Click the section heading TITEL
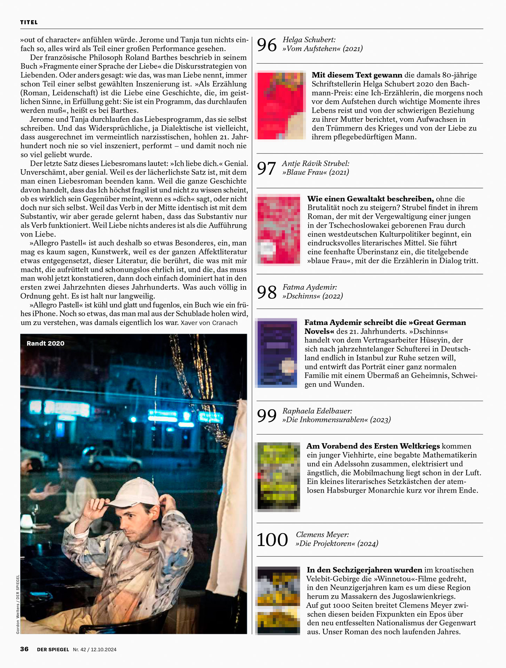click(29, 22)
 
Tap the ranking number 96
click(267, 45)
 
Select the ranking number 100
click(272, 540)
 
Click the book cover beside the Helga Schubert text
click(280, 105)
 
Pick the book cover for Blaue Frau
click(278, 230)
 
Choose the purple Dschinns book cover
click(277, 353)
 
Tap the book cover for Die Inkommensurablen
click(278, 477)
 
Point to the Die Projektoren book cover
click(278, 601)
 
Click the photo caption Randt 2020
click(45, 343)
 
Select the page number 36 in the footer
click(24, 649)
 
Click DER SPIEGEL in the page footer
click(53, 650)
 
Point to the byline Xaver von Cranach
click(209, 323)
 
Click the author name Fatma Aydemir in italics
click(310, 287)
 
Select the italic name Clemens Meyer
click(322, 534)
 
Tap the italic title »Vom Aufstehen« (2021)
click(322, 49)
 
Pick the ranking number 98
click(267, 292)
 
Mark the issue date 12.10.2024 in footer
click(104, 650)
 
